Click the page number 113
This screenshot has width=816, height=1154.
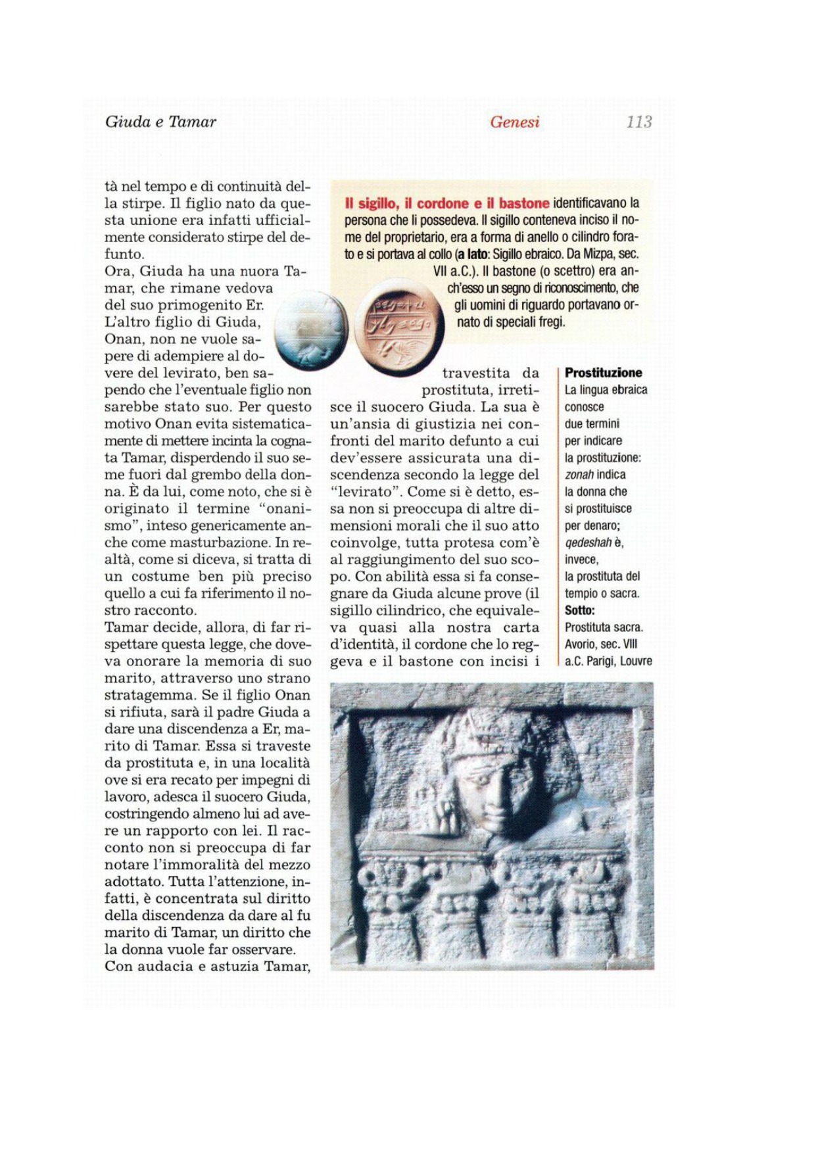tap(638, 122)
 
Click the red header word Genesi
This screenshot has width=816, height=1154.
tap(514, 122)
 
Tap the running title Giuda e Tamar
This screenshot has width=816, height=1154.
tap(160, 122)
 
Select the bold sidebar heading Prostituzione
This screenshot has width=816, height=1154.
tap(603, 373)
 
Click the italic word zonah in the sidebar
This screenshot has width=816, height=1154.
tap(579, 475)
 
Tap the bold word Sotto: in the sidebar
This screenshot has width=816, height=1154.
tap(579, 610)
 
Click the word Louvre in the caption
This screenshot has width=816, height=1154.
tap(636, 661)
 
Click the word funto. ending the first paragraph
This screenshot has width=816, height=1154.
tap(124, 254)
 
